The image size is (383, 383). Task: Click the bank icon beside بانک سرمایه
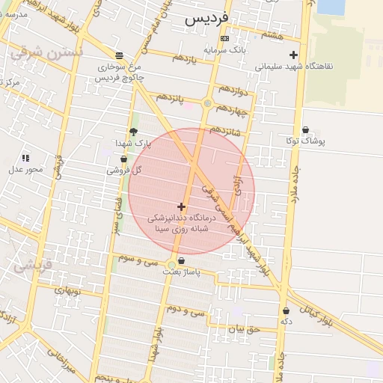tap(224, 39)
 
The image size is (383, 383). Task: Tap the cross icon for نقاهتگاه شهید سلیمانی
tap(293, 54)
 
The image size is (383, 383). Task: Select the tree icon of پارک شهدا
tap(133, 132)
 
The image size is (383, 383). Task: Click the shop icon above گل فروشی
tap(123, 159)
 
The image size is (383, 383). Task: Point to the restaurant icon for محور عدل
tap(25, 158)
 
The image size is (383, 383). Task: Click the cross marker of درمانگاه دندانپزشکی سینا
tap(181, 206)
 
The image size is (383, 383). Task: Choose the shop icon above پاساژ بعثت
tap(181, 260)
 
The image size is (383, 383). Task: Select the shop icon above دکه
tap(286, 310)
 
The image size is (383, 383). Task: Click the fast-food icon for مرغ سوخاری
tap(119, 55)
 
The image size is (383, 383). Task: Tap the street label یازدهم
tap(182, 58)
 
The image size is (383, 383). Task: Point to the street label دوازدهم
tap(230, 92)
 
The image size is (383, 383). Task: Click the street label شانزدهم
tap(226, 130)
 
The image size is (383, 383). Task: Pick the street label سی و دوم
tap(185, 310)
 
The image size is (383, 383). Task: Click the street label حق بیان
tap(242, 328)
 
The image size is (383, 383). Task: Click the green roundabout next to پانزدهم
tap(207, 104)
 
